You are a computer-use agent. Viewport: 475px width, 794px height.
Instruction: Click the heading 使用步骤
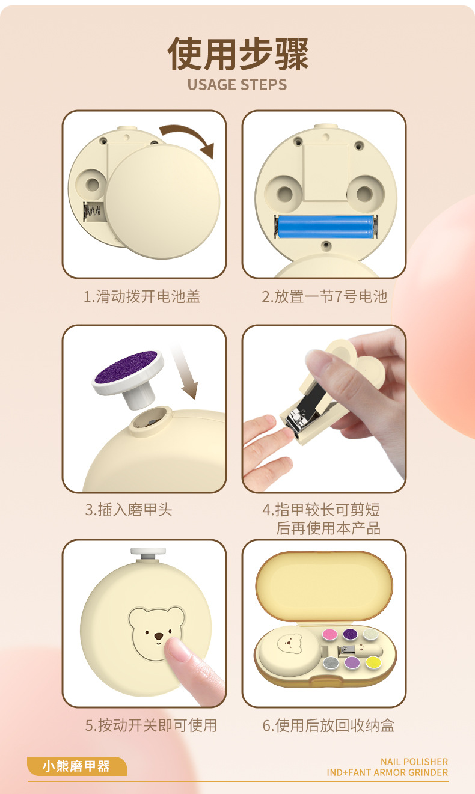point(237,53)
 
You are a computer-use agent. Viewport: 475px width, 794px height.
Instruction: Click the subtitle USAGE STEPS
point(237,84)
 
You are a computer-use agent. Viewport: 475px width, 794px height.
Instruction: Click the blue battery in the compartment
point(325,227)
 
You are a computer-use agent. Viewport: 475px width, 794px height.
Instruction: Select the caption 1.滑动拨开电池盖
point(142,296)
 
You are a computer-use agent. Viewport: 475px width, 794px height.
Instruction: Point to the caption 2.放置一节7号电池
point(324,296)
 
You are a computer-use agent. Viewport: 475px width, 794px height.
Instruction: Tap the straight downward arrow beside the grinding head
point(184,373)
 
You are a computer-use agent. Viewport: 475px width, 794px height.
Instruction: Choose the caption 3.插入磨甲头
point(128,510)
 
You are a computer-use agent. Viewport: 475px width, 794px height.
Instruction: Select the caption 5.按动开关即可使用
point(150,725)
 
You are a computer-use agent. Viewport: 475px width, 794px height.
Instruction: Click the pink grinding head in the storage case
point(329,634)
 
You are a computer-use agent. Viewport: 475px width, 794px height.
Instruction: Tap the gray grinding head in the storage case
point(329,662)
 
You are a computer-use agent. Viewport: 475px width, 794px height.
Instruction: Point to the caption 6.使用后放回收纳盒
point(328,725)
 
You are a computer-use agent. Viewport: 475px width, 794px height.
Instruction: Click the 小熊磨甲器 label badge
point(76,766)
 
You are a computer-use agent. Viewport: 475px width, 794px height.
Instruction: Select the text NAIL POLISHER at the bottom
point(414,762)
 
